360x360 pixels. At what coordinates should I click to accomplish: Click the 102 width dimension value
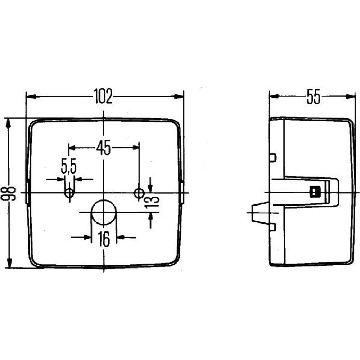click(103, 96)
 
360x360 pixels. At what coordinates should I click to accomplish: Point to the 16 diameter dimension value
click(104, 239)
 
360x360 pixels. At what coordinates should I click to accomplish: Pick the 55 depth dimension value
click(314, 96)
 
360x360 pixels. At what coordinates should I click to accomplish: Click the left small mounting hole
click(69, 193)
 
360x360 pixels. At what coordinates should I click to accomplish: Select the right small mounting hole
click(139, 193)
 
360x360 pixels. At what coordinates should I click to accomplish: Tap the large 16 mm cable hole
click(104, 212)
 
